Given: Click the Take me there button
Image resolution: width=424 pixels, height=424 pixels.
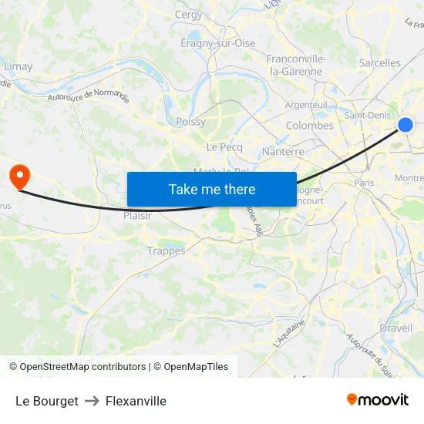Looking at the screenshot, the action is click(x=211, y=189).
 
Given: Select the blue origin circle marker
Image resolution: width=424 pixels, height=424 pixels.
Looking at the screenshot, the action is click(x=405, y=125).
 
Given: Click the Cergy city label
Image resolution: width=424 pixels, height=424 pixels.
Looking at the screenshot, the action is click(x=189, y=15).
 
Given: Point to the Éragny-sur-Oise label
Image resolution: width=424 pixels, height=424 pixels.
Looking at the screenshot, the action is click(x=217, y=43).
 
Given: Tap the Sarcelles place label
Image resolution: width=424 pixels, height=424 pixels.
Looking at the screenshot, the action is click(x=380, y=63).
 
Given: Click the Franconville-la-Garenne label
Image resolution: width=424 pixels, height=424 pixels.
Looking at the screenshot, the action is click(x=295, y=65).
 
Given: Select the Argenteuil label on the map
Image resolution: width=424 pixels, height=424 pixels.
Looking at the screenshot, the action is click(x=306, y=105).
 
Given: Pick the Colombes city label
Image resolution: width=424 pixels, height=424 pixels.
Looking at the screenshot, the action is click(x=309, y=126).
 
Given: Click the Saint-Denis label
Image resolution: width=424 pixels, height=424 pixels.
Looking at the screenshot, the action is click(x=366, y=116).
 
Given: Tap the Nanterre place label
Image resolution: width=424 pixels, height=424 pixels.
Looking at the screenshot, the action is click(x=283, y=152).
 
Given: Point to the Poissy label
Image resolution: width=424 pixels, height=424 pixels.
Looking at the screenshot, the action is click(x=190, y=122).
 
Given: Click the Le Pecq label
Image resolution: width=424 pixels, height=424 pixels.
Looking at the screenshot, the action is click(x=224, y=147).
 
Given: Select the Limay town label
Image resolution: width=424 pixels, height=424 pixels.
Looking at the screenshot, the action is click(x=19, y=66).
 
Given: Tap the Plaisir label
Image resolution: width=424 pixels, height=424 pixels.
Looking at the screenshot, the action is click(x=137, y=216).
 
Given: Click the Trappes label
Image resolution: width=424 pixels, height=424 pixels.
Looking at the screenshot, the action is click(x=166, y=251).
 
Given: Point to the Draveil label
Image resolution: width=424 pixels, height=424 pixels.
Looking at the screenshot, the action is click(x=395, y=328).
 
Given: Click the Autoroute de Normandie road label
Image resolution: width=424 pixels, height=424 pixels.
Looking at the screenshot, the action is click(x=88, y=96).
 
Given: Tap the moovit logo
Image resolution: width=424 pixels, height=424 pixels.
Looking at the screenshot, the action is click(x=377, y=399).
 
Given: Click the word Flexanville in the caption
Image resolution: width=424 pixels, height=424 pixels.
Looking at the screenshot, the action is click(x=136, y=401).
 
